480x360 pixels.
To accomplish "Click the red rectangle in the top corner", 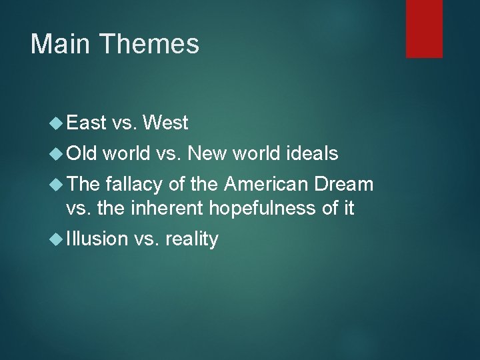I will coord(425,29).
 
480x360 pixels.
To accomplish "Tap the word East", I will coord(87,123).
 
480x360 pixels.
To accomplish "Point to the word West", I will coord(165,123).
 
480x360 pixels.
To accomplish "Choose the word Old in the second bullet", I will coord(82,155).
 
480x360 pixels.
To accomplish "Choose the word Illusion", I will coord(97,239).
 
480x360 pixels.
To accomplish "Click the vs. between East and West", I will coord(125,123).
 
